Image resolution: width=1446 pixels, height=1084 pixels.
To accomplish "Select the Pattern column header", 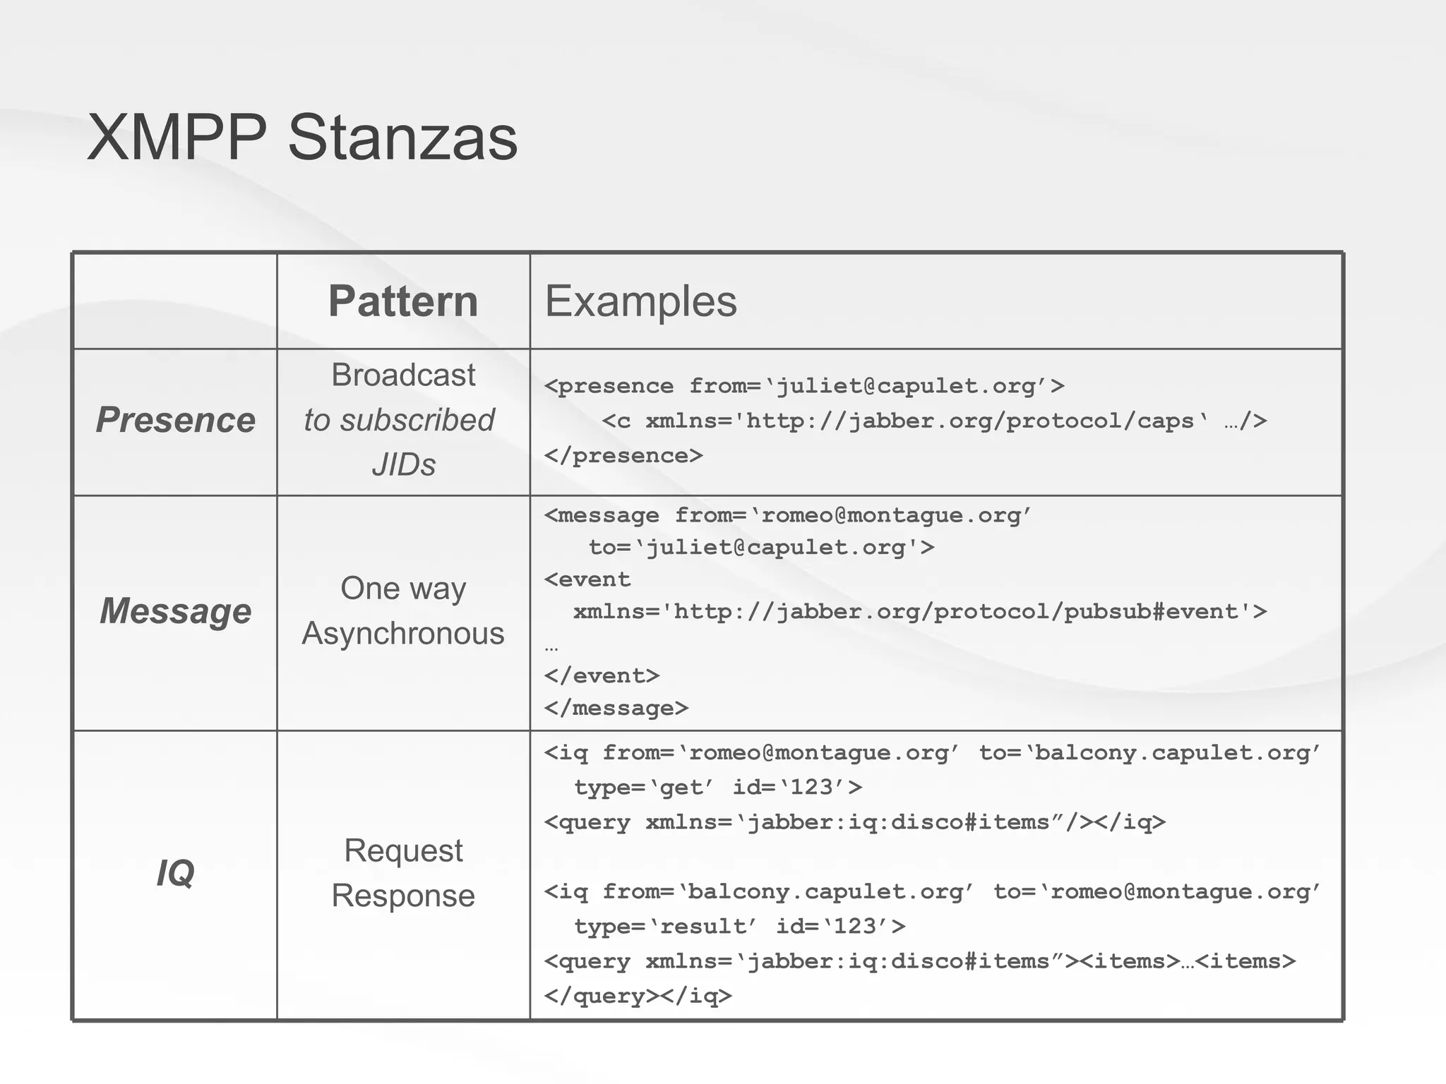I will click(403, 301).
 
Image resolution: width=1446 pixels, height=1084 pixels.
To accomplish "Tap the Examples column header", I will click(640, 301).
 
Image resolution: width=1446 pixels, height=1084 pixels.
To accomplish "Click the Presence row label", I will click(175, 420).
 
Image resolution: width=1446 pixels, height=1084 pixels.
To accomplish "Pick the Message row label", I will click(175, 610).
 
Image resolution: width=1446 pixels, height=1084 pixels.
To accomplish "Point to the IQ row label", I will click(175, 873).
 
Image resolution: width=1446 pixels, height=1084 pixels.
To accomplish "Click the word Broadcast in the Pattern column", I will click(403, 375).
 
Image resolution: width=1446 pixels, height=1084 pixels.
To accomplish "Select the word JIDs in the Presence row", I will click(403, 464).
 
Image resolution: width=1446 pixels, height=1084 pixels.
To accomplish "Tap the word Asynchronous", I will click(403, 633).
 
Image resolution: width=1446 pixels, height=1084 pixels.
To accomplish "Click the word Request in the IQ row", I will click(403, 850).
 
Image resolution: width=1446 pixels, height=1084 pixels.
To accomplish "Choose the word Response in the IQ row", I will click(403, 896).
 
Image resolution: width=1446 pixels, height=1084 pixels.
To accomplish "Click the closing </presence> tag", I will click(623, 456).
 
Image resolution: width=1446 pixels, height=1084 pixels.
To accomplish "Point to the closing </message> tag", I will click(616, 708).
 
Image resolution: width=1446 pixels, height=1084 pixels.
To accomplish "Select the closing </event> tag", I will click(602, 676).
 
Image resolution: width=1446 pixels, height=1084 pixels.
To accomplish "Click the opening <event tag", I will click(587, 579).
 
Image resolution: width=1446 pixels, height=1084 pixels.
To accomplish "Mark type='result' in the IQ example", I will click(665, 926).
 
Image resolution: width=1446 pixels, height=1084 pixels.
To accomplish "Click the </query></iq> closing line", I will click(638, 996).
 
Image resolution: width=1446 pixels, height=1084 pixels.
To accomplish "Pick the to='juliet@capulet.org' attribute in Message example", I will click(761, 548).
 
